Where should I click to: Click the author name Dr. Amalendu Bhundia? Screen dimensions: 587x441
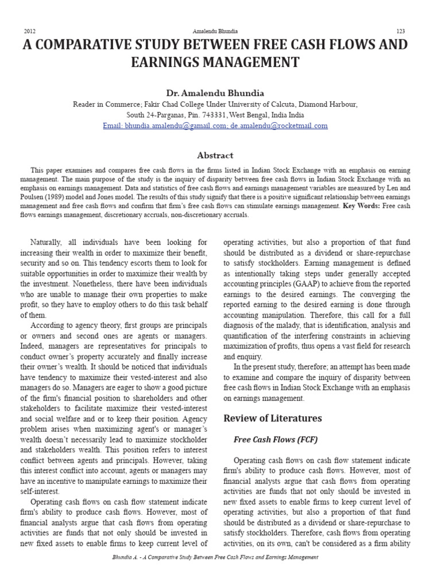(x=215, y=93)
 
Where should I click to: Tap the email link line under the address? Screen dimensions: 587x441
(x=215, y=126)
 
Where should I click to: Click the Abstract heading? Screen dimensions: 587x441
(x=215, y=155)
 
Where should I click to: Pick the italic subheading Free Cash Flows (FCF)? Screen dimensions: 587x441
(x=275, y=440)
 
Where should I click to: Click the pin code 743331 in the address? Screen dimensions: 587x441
(x=214, y=115)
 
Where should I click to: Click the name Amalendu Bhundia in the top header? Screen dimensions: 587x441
(x=215, y=31)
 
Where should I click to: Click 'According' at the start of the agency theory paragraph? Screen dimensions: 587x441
(x=49, y=326)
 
